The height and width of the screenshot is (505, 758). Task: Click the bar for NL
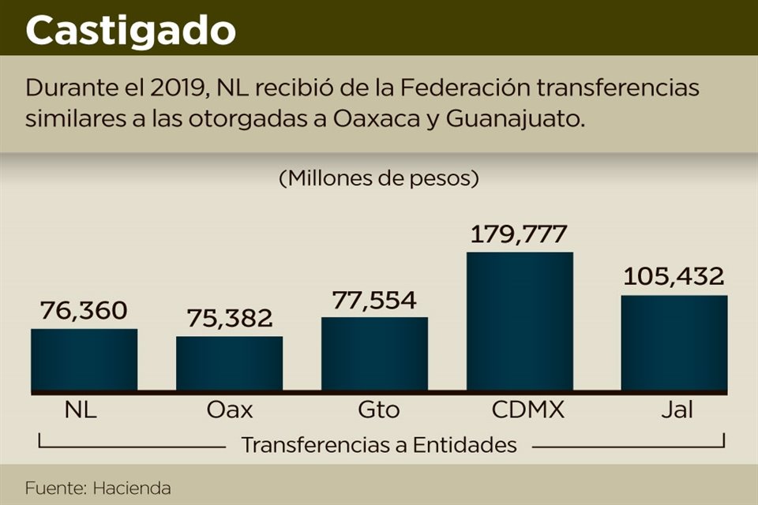(84, 360)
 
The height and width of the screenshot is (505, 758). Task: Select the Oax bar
(229, 364)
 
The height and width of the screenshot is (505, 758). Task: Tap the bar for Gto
(374, 354)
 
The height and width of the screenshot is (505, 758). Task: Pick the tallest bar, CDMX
(520, 321)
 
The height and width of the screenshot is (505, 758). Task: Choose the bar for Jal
(674, 343)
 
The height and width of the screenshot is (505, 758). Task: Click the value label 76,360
(82, 311)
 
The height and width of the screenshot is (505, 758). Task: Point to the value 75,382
(229, 318)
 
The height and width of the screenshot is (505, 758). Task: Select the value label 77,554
(373, 300)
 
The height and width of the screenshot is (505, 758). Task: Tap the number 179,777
(519, 234)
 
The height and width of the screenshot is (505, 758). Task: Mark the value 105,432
(674, 277)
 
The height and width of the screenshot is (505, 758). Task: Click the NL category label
(81, 410)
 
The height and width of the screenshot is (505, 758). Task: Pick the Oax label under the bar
(229, 410)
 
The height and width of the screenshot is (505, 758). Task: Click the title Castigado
(130, 30)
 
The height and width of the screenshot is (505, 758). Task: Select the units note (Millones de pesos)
(379, 178)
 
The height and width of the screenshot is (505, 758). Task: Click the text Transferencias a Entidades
(379, 445)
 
